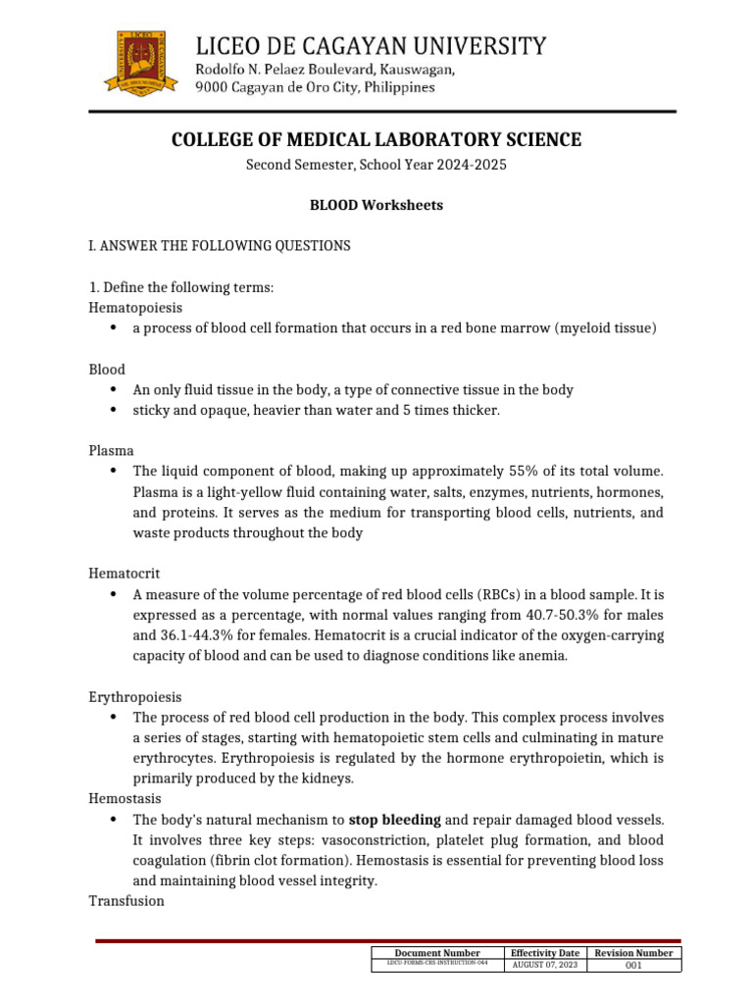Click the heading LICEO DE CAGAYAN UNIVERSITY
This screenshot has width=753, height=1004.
tap(372, 45)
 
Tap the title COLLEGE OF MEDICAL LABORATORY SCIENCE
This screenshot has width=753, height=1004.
tap(376, 140)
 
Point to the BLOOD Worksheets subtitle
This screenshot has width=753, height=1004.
tap(376, 206)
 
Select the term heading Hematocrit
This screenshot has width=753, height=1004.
tap(124, 573)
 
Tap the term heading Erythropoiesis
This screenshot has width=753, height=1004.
tap(134, 696)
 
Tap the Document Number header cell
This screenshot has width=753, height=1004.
tap(436, 952)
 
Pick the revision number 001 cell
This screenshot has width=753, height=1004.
tap(633, 966)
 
